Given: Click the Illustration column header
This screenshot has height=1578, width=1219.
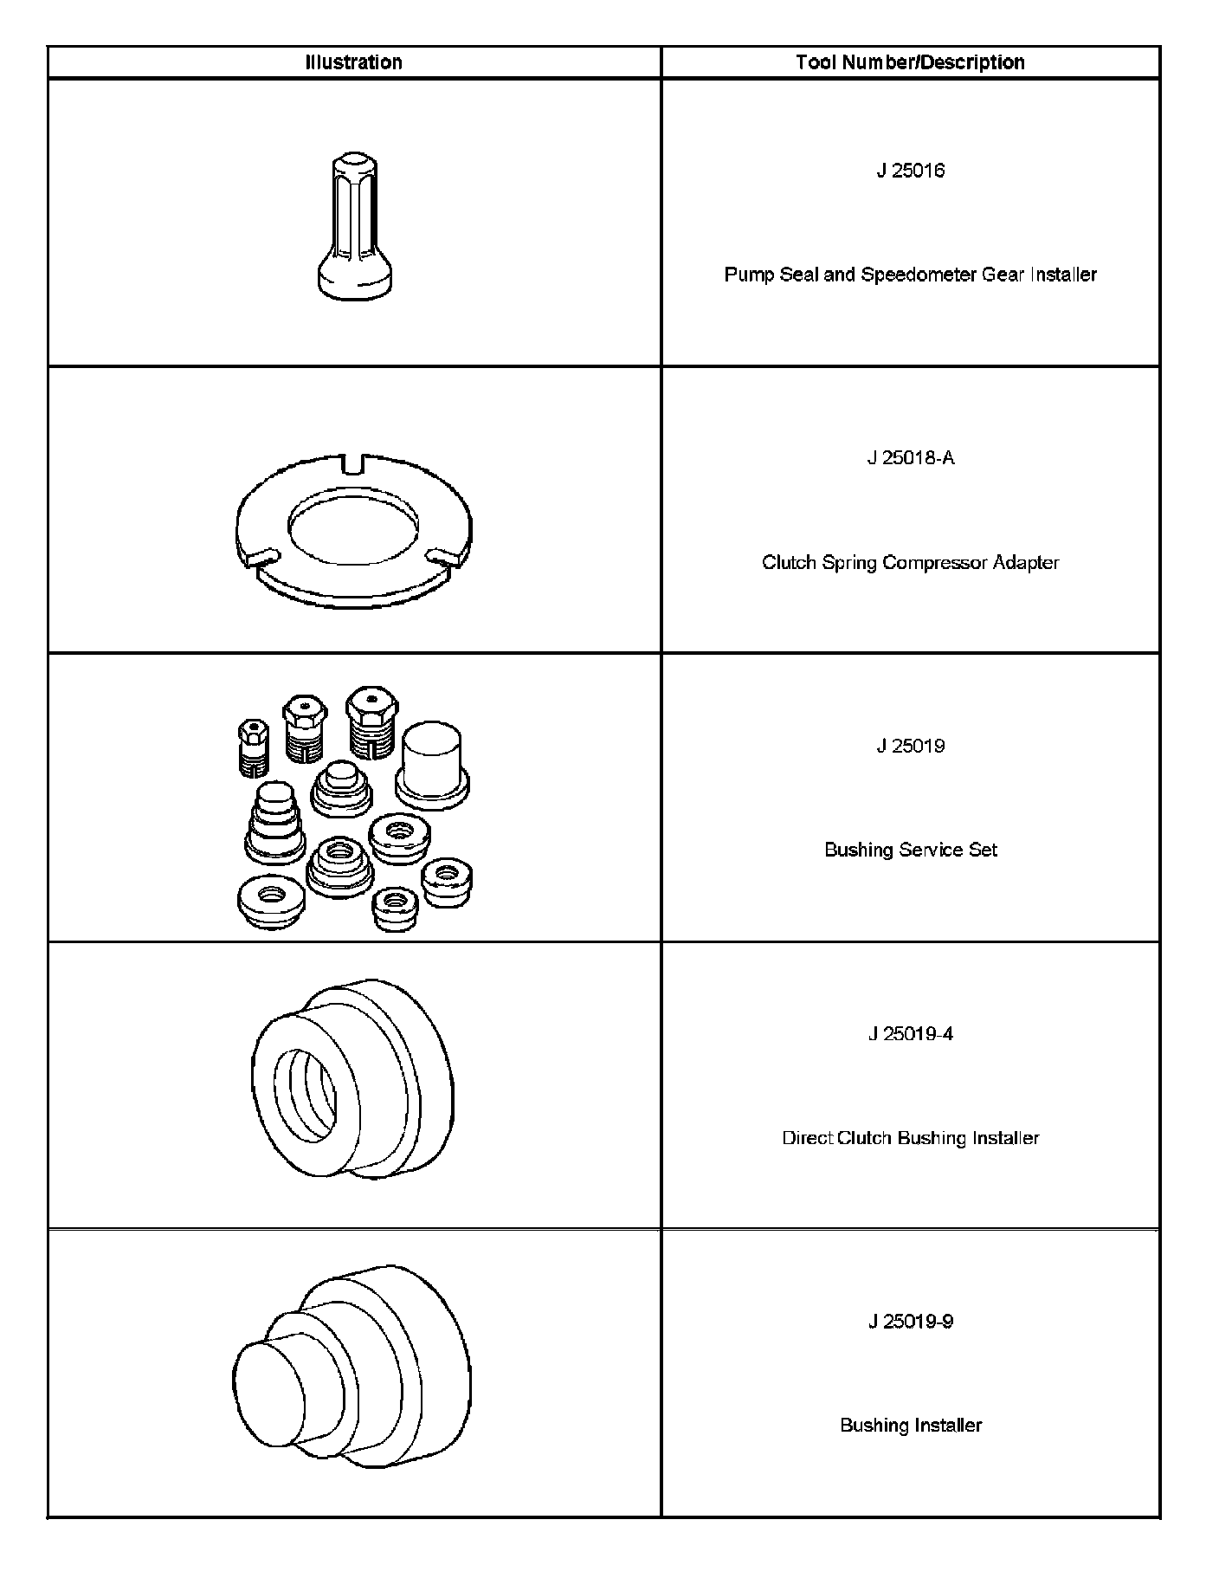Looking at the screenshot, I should (x=353, y=62).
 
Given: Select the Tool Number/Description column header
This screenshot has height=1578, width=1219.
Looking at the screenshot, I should (x=910, y=62).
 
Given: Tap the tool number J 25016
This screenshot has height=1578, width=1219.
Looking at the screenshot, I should (x=910, y=171).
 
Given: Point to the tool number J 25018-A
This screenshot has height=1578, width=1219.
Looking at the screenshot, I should (x=910, y=458).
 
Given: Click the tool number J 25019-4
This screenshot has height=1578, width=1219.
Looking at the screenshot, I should (x=910, y=1033).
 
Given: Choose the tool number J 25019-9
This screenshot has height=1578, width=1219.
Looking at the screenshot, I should (x=910, y=1321).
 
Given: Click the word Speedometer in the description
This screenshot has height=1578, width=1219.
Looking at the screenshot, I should (x=919, y=275).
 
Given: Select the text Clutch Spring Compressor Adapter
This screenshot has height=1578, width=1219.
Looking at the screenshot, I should (x=910, y=563).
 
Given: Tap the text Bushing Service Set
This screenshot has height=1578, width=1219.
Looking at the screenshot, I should (x=910, y=850).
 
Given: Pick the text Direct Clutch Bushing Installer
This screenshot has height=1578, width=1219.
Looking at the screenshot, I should (x=910, y=1138).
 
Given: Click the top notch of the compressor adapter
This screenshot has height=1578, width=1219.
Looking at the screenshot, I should (x=354, y=463).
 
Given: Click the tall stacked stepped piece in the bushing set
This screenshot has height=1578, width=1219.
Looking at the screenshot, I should (x=274, y=823).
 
